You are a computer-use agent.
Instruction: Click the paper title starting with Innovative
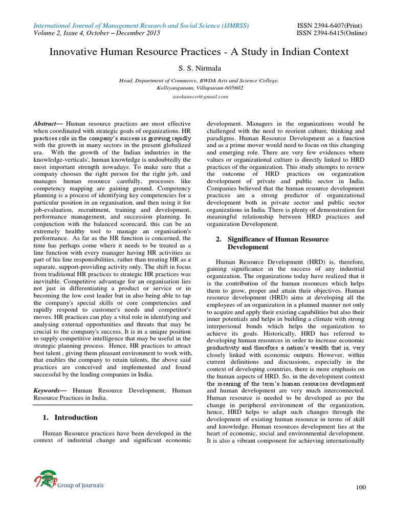199,52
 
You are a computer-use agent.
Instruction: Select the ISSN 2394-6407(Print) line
331,25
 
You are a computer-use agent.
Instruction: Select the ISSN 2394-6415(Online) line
331,33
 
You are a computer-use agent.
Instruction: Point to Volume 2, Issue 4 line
97,33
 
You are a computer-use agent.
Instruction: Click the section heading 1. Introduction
70,418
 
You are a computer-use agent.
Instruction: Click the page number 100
361,487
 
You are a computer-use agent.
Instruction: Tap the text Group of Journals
80,485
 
